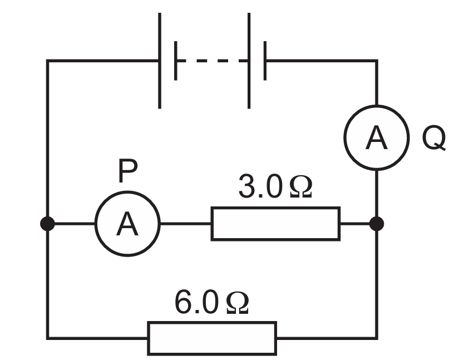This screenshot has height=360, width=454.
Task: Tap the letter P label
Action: click(x=128, y=171)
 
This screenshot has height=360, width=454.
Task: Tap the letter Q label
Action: click(x=434, y=138)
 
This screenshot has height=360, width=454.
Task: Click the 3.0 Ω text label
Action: click(x=275, y=187)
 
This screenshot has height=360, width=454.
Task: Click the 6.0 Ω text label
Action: click(x=211, y=302)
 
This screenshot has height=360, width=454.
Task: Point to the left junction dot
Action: click(x=47, y=224)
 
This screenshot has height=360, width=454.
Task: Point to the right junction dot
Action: click(x=377, y=224)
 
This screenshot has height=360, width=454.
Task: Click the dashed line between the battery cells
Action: click(x=212, y=61)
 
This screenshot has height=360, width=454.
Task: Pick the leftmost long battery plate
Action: click(x=160, y=61)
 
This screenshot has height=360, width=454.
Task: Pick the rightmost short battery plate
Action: click(x=265, y=61)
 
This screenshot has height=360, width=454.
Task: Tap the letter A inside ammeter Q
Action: click(x=377, y=137)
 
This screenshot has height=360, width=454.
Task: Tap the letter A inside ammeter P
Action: click(x=127, y=224)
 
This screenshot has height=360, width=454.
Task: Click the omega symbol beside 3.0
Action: click(x=301, y=187)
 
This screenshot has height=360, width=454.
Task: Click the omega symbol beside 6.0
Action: click(x=238, y=302)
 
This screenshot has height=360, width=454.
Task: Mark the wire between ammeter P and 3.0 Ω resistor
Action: click(x=186, y=224)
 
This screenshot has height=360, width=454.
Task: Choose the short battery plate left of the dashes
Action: click(x=175, y=61)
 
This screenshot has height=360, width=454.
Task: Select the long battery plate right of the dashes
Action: click(x=249, y=61)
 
